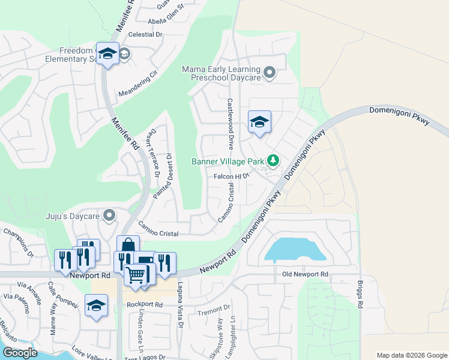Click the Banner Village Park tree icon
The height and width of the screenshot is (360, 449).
(273, 160)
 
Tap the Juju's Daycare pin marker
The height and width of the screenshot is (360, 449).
(109, 214)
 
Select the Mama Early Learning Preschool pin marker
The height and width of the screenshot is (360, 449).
(270, 73)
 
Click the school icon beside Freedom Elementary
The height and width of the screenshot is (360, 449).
(107, 55)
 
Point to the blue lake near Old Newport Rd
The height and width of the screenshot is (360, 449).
(295, 250)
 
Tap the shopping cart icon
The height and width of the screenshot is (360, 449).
(136, 275)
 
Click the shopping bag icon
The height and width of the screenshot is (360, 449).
(128, 245)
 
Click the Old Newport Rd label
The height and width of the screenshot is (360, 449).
(306, 274)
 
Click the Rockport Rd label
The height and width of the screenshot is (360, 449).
(145, 304)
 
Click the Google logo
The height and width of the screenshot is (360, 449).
(20, 353)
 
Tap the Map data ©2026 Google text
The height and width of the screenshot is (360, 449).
(411, 355)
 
